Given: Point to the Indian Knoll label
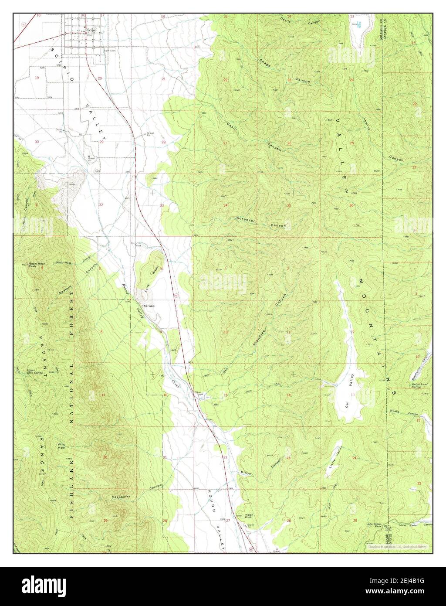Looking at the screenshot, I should coord(249,516).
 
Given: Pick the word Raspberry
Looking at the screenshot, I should coord(121,497).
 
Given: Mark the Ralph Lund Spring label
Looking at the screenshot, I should coord(416,385).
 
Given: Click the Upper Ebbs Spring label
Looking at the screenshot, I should coord(34,372).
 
